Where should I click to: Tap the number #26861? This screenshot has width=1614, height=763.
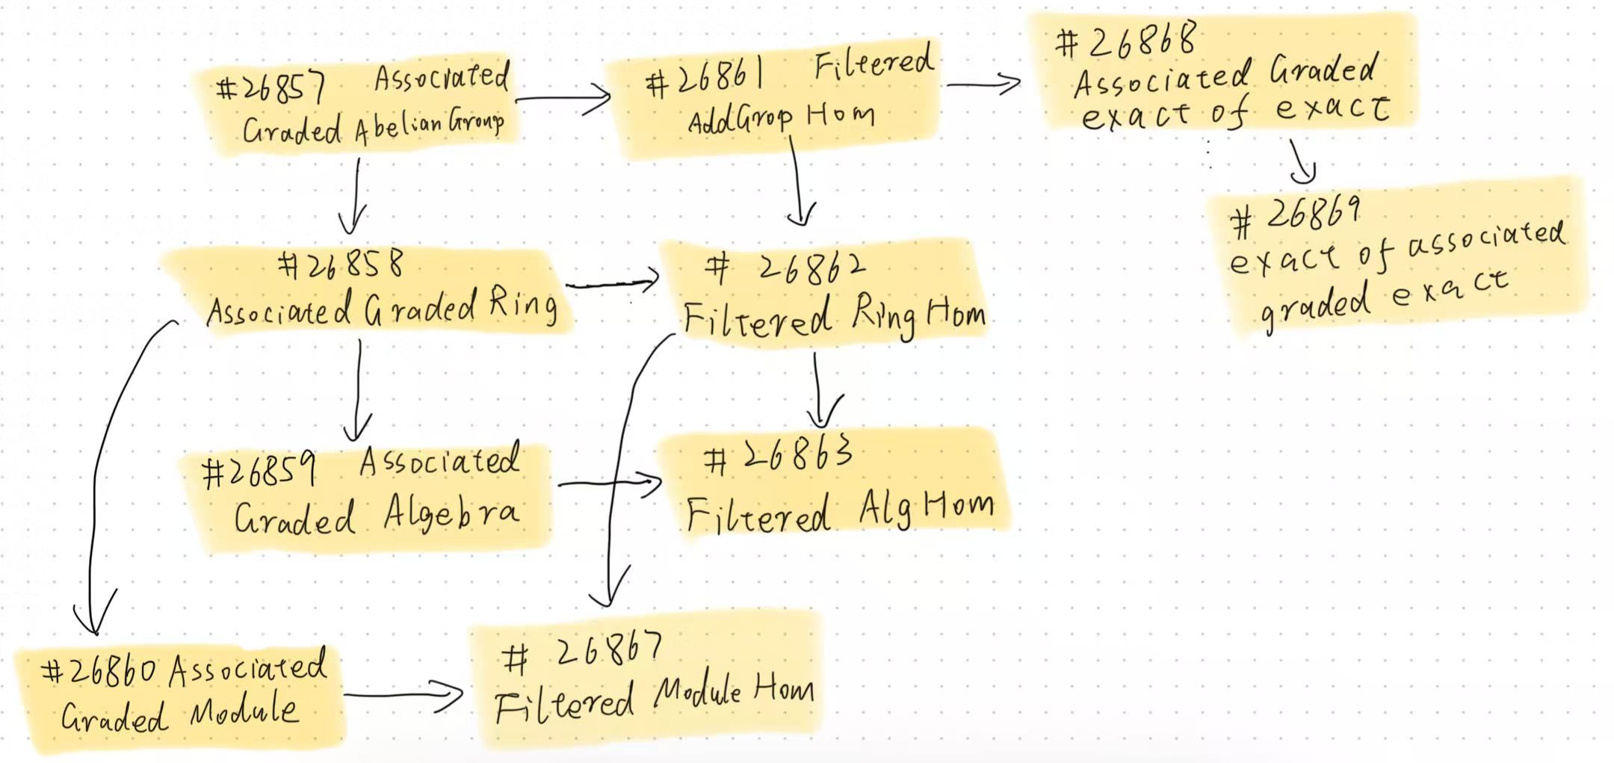[x=705, y=80]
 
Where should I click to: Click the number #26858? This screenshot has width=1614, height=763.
[x=341, y=265]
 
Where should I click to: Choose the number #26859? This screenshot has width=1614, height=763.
[x=259, y=472]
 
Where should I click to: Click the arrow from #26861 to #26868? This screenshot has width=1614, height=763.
[x=983, y=84]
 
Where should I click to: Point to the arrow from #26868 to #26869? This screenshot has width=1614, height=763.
[x=1300, y=161]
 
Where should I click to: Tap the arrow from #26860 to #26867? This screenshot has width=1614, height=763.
[x=403, y=696]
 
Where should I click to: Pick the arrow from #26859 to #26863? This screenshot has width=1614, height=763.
[x=609, y=484]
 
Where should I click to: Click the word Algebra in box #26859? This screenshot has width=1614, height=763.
[x=451, y=513]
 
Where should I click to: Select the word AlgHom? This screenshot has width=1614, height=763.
[x=926, y=509]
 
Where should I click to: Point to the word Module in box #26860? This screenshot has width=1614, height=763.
[x=244, y=711]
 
